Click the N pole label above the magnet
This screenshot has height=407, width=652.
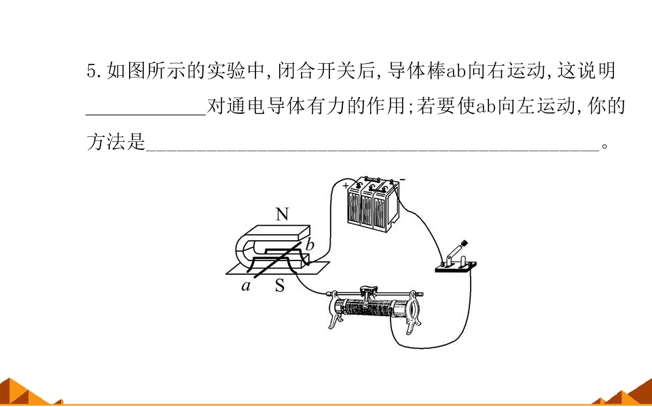[281, 214]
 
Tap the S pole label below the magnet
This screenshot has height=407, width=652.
[280, 286]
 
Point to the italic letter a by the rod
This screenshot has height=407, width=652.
[247, 286]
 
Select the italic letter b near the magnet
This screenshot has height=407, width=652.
[310, 246]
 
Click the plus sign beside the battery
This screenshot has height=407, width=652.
[346, 186]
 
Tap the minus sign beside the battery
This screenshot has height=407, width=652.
[402, 179]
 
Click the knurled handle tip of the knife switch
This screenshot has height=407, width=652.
[464, 243]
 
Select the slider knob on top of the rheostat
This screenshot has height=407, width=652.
[366, 290]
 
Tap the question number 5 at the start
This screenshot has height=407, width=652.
[92, 71]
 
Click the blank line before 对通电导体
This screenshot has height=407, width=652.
[146, 114]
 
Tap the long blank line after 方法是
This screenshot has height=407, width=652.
[373, 149]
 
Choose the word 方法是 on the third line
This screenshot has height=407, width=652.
[116, 142]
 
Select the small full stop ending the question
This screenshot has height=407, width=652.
[604, 147]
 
